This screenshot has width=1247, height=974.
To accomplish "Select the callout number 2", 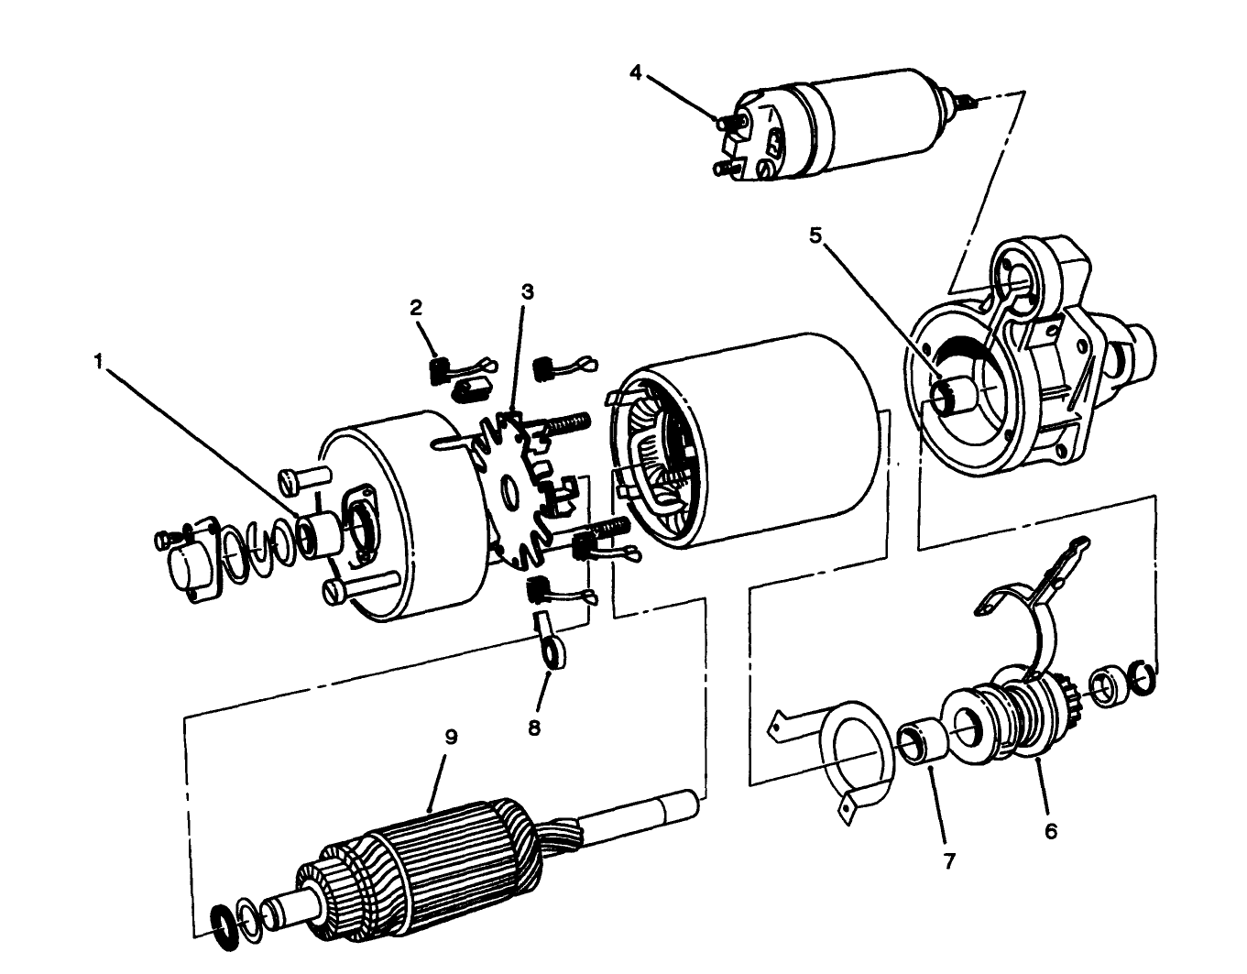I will click(x=416, y=308).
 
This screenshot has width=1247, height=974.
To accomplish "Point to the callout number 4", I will click(x=636, y=72).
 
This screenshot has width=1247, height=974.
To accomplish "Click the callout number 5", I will click(x=815, y=235).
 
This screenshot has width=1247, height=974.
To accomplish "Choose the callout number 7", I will click(x=949, y=861).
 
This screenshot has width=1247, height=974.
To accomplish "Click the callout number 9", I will click(x=450, y=738).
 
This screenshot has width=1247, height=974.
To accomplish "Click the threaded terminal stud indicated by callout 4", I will click(x=728, y=119).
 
